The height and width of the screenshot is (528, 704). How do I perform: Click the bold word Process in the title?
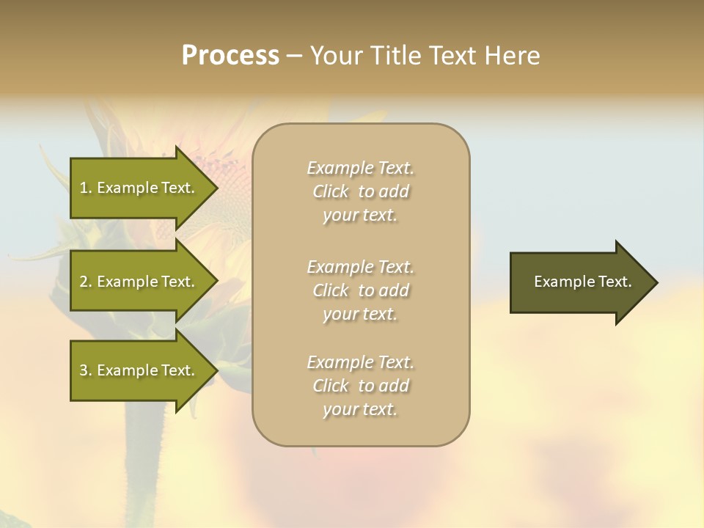[x=230, y=56]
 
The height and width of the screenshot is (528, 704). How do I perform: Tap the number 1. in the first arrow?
[x=86, y=188]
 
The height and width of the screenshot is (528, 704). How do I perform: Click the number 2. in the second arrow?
[x=86, y=282]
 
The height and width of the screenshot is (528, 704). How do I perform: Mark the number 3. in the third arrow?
[x=86, y=370]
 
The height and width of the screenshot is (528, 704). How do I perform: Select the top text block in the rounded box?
[x=360, y=191]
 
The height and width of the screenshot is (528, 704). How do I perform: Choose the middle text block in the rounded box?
[x=360, y=290]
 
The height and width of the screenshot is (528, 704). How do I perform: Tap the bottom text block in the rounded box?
[x=360, y=386]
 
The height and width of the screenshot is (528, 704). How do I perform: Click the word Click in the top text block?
[x=331, y=191]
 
